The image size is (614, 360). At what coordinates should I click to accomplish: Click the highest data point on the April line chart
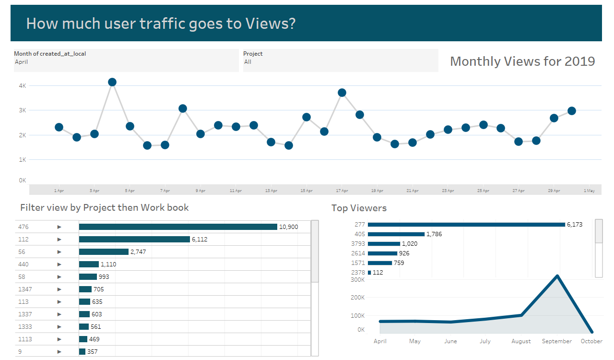[112, 82]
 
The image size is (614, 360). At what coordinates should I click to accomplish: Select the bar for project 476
[178, 227]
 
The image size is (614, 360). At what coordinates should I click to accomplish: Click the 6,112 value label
[200, 239]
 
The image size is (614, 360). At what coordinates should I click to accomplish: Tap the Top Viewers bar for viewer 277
[466, 225]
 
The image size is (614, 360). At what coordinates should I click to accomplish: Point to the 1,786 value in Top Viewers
[434, 234]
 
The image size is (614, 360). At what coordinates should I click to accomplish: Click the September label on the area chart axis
[557, 341]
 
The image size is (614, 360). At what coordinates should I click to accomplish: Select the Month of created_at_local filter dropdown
[126, 61]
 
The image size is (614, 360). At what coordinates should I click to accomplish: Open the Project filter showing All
[341, 61]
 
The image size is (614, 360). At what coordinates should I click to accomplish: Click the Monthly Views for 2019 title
[522, 61]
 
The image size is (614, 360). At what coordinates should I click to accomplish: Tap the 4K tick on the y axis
[22, 85]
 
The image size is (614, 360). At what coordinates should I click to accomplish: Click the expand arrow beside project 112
[59, 239]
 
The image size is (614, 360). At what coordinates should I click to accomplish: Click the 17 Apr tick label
[342, 191]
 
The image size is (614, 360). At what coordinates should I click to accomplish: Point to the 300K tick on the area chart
[357, 279]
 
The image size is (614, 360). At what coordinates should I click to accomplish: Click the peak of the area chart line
[557, 276]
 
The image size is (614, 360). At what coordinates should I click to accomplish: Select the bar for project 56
[104, 252]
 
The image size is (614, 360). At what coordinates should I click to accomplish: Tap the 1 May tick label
[589, 191]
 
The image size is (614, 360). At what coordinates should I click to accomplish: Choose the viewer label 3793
[358, 244]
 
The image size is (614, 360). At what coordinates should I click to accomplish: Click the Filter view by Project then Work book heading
[105, 207]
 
